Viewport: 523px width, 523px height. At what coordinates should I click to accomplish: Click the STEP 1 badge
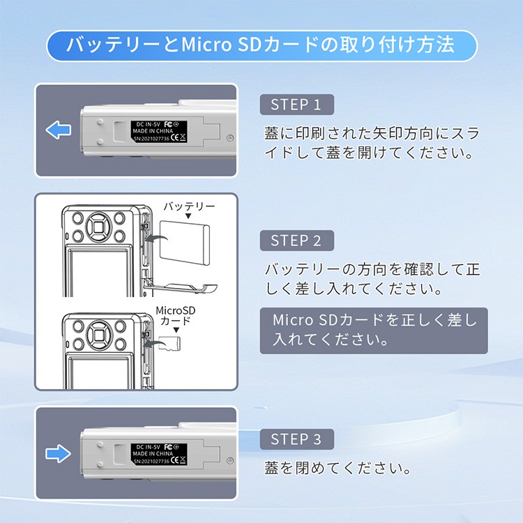coord(296,105)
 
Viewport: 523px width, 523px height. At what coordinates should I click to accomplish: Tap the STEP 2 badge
coord(296,241)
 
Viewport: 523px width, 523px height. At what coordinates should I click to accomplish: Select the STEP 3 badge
coord(296,439)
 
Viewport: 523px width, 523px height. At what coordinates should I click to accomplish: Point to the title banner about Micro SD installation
coord(261,46)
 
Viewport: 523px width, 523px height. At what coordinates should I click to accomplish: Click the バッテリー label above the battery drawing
coord(189,207)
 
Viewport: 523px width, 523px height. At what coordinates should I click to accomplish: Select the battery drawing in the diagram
coord(185,242)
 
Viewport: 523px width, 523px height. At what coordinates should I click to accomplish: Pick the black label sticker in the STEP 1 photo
coord(159,130)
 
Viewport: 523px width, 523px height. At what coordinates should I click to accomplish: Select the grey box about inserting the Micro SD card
coord(374,331)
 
